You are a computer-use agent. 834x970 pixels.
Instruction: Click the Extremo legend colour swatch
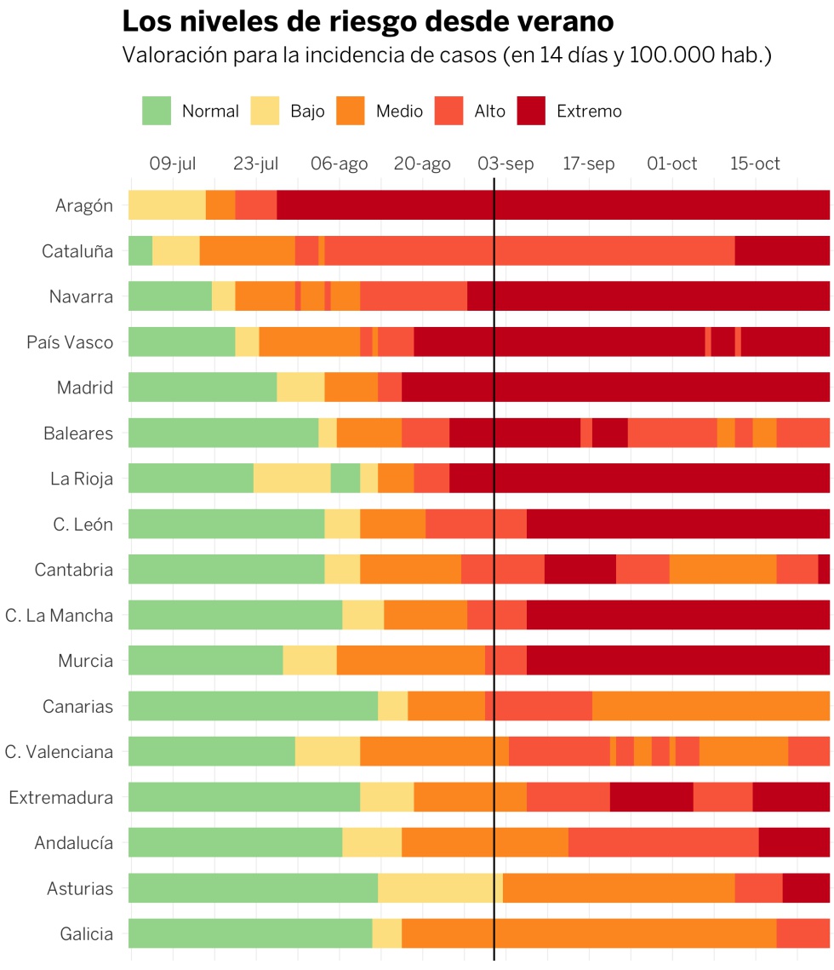pos(531,111)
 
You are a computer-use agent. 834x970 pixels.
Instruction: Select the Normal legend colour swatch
pos(157,111)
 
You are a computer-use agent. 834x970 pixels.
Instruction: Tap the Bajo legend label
pos(307,112)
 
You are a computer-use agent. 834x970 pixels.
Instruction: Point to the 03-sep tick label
pos(506,164)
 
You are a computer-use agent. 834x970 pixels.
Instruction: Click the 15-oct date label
pos(755,164)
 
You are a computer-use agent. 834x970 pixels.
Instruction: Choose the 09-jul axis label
pos(173,164)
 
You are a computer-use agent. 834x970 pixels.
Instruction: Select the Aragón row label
pos(83,205)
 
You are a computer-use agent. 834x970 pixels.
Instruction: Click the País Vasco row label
pos(70,342)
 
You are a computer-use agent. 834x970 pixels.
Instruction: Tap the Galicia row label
pos(86,934)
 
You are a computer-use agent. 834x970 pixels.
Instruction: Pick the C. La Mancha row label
pos(59,615)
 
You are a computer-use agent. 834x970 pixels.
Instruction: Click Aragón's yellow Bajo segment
pos(167,205)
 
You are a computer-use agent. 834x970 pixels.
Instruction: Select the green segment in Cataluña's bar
pos(140,251)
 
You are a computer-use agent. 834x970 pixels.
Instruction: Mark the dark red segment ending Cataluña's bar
pos(782,251)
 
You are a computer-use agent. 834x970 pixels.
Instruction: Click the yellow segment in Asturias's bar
pos(440,888)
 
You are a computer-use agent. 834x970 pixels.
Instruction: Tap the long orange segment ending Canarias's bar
pos(711,706)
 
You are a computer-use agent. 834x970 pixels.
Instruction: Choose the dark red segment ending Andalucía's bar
pos(794,843)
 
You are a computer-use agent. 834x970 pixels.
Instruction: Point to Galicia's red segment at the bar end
pos(803,934)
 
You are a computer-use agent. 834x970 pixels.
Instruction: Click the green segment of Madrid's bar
pos(203,387)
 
